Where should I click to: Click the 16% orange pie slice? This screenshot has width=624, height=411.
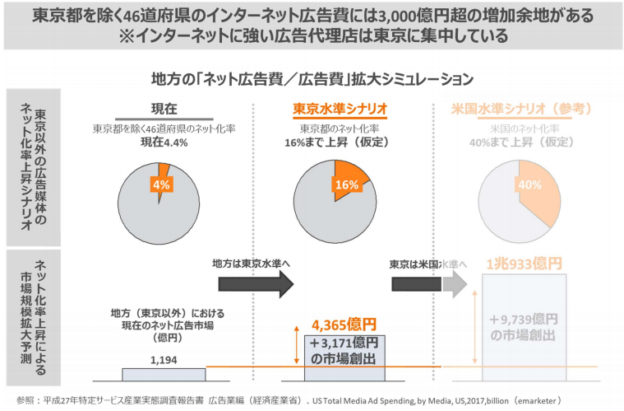[x=349, y=183]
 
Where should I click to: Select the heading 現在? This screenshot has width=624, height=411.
[x=164, y=110]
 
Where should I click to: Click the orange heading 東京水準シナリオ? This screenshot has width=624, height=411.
[x=340, y=110]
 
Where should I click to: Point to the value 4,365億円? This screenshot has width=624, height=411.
[x=344, y=324]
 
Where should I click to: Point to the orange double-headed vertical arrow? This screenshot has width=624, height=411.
[x=296, y=347]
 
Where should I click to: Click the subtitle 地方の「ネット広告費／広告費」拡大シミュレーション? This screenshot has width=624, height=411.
[x=312, y=79]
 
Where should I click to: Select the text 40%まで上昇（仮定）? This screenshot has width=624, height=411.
[x=523, y=142]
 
